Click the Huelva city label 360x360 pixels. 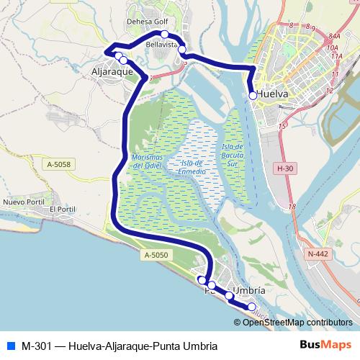(x=272, y=94)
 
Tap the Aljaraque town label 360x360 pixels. (x=114, y=72)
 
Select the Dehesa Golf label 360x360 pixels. (x=148, y=23)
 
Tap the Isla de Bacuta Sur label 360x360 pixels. (x=233, y=153)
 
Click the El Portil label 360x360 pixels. (x=62, y=209)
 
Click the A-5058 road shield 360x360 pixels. (x=59, y=165)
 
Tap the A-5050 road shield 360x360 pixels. (x=155, y=255)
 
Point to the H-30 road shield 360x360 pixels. (x=286, y=168)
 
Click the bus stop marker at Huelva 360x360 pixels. (x=252, y=95)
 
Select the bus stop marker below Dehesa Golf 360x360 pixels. (x=165, y=35)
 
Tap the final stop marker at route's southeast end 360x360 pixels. (x=252, y=307)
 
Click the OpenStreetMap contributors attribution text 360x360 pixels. (x=297, y=322)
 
